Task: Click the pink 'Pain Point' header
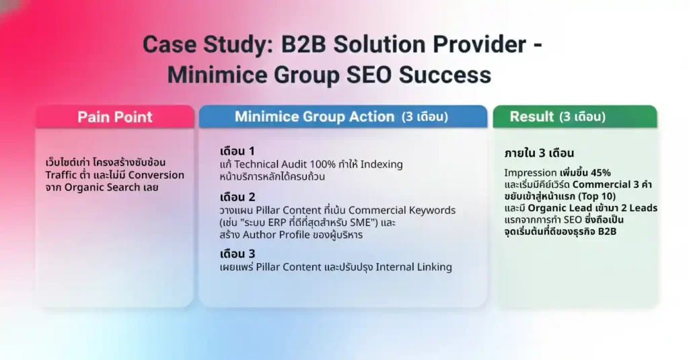click(x=114, y=116)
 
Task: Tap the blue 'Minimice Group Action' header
click(x=341, y=116)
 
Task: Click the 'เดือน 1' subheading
click(x=237, y=150)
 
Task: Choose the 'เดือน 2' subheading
click(x=238, y=197)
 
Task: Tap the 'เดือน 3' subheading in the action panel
click(x=238, y=254)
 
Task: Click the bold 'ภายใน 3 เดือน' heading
click(x=539, y=152)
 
